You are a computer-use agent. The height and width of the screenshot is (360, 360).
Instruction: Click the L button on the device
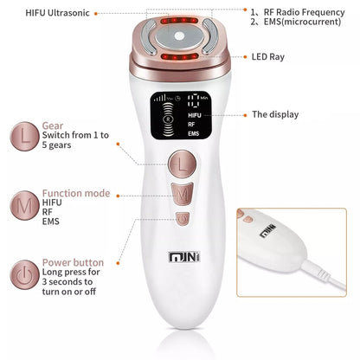coord(183,164)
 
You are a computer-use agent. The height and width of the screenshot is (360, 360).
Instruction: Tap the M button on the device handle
coord(183,194)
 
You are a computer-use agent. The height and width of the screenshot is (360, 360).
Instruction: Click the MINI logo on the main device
coord(184,257)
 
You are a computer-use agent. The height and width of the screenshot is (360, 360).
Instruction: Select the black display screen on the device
coord(181,116)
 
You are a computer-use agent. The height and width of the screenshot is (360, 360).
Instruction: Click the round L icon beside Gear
coord(24,136)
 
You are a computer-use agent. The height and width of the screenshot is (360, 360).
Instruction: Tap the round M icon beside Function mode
coord(24,205)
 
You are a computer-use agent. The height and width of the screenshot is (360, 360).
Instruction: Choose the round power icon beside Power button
coord(24,274)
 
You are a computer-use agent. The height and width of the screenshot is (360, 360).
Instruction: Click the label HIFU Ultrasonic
coord(57,13)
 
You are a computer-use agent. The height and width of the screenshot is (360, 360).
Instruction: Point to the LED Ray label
coord(268,57)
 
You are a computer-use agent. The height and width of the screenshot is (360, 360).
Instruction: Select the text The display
coord(275,114)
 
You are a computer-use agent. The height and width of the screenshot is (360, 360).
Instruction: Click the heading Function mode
coord(76,193)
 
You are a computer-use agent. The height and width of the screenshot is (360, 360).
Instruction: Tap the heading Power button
coord(73,262)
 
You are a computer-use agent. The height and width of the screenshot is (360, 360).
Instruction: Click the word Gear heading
coord(53,125)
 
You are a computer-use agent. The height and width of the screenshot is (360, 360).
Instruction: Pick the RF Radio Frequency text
coord(304,12)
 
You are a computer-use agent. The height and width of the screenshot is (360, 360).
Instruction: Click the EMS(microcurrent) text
coord(302,22)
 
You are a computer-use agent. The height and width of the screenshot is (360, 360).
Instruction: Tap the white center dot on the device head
coord(179,36)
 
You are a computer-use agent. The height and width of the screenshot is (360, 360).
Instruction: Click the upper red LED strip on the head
coord(179,21)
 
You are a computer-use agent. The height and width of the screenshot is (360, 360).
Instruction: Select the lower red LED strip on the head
coord(179,56)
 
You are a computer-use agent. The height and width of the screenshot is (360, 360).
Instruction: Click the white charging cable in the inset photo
coord(324,274)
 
